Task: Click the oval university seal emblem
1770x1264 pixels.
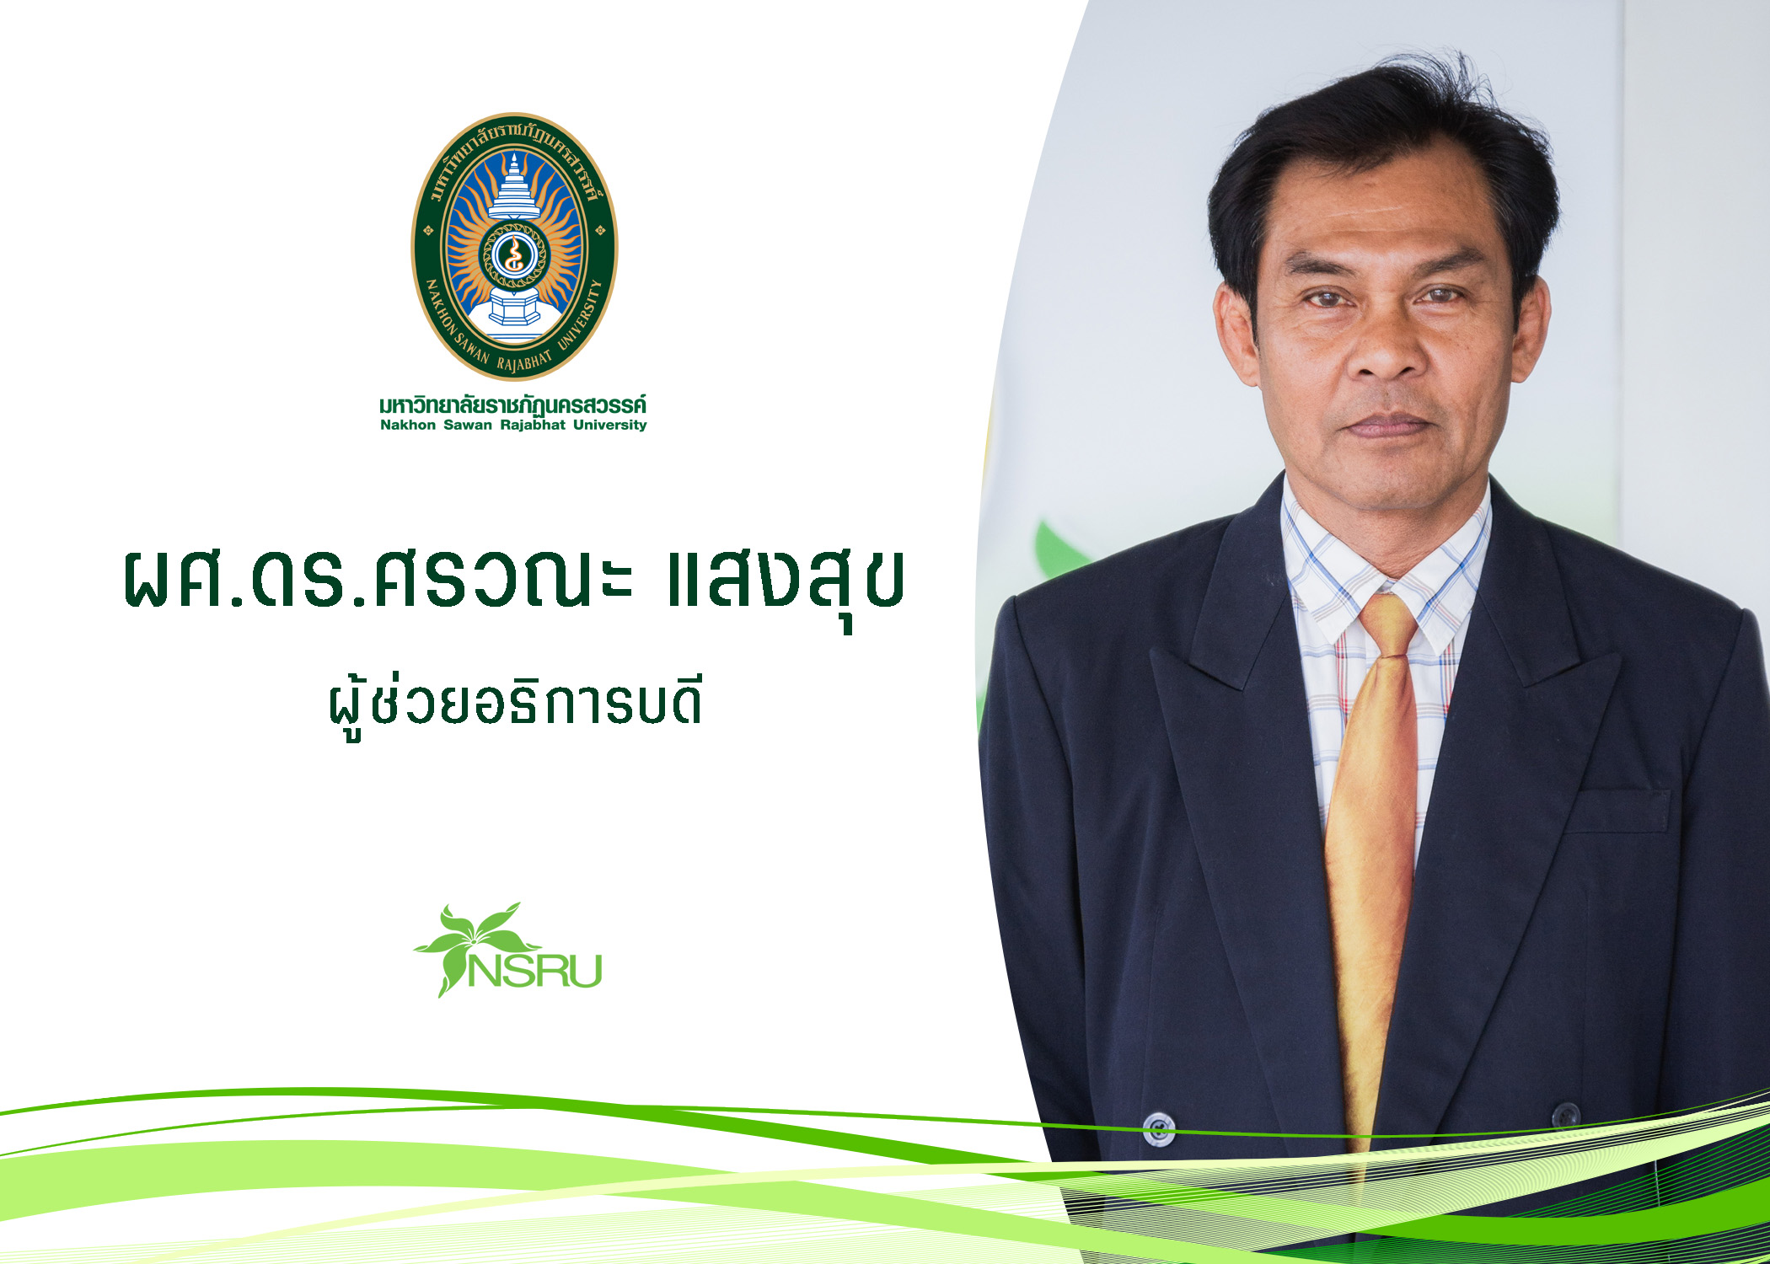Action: [x=514, y=246]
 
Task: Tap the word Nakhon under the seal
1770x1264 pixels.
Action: [x=408, y=425]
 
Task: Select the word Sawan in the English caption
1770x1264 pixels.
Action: [x=468, y=425]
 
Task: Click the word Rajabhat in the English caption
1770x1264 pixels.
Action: [x=533, y=425]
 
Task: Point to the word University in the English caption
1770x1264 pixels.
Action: [x=610, y=425]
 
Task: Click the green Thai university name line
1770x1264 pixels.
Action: [x=513, y=404]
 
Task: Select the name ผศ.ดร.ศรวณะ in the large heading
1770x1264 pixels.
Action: [x=377, y=580]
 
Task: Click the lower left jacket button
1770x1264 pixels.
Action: [x=1159, y=1127]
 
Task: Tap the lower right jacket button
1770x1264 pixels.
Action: [x=1566, y=1115]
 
